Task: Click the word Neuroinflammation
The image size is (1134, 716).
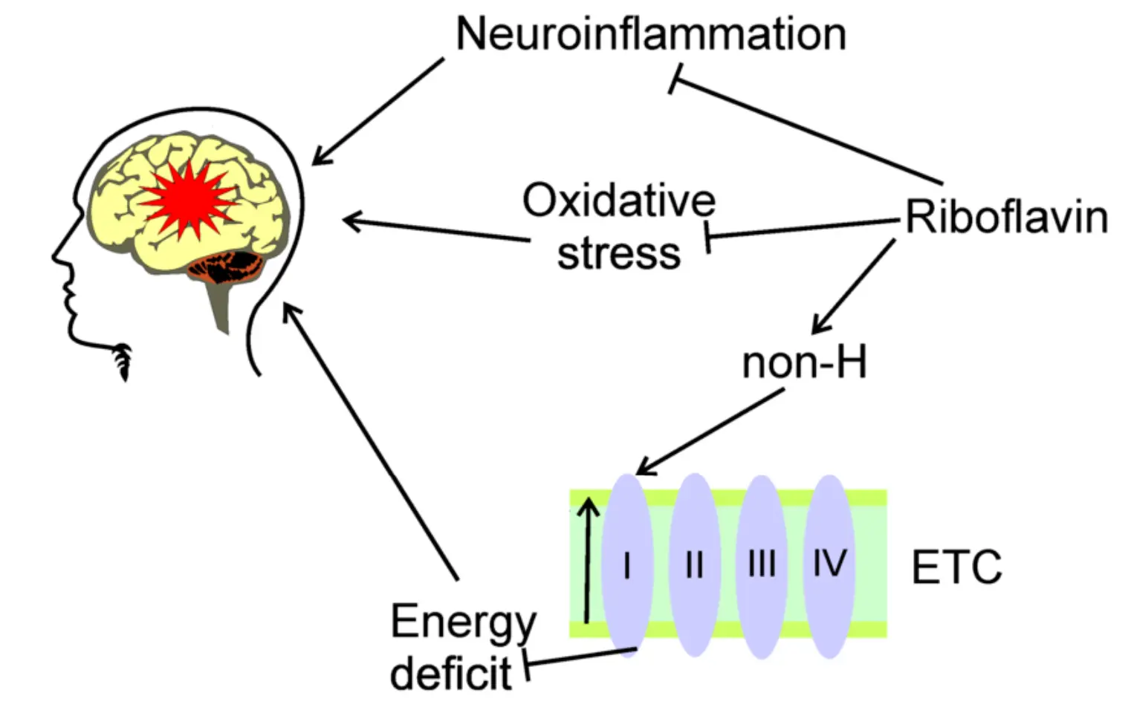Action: click(651, 34)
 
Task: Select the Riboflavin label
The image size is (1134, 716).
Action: click(1006, 218)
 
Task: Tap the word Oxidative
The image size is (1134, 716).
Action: click(618, 201)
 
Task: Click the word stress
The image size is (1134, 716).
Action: click(618, 254)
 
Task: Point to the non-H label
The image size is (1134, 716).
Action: click(804, 363)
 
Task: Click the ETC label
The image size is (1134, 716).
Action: click(956, 567)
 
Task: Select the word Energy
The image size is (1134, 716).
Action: click(463, 622)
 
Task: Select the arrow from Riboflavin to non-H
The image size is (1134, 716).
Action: click(855, 286)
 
